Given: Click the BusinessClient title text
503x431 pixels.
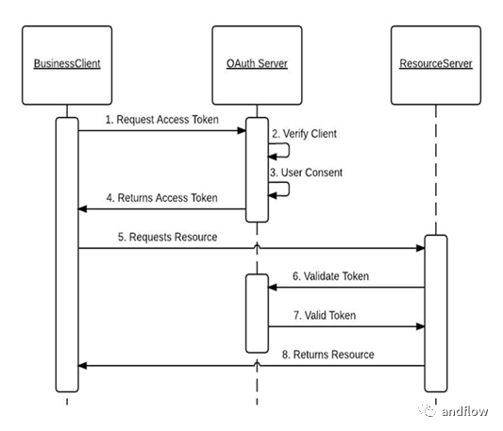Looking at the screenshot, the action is [67, 63].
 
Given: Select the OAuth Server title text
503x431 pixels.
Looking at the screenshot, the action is [257, 63].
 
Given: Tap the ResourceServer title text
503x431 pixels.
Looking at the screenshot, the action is [436, 63].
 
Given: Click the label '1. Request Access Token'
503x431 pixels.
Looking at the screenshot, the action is [162, 120].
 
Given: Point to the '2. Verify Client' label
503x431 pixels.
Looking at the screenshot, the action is [305, 134].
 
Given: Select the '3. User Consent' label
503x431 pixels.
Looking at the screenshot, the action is [306, 173].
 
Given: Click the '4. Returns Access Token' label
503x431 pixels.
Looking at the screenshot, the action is [162, 198].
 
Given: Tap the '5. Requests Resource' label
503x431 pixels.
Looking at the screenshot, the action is [167, 237].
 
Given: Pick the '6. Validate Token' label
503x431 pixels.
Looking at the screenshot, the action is [330, 276].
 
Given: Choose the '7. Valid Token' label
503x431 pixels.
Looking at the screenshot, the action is [325, 315].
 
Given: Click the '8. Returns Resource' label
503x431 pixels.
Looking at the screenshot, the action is [328, 355].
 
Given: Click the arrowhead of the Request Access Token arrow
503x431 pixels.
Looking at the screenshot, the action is [242, 130].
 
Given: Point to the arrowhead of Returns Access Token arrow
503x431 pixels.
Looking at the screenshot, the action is [82, 209].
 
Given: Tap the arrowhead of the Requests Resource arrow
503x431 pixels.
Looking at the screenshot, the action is [420, 248].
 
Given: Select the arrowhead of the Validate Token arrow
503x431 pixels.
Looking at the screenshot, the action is [273, 288].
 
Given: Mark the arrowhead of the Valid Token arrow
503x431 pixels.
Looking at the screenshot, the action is [420, 326].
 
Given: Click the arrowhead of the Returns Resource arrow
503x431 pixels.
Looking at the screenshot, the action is [82, 366].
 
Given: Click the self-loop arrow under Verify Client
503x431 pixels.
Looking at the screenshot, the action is [289, 150].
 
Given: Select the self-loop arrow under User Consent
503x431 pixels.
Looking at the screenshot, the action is [289, 190].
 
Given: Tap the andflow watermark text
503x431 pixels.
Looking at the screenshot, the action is [465, 411].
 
